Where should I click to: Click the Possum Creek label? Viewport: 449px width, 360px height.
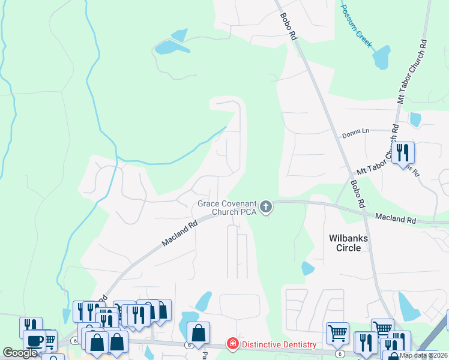357,27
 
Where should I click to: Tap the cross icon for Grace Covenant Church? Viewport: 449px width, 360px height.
266,208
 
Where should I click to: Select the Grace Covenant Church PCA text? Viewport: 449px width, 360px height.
226,208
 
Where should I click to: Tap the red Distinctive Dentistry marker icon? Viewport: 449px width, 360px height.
232,344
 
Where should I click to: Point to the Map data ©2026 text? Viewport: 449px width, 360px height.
423,355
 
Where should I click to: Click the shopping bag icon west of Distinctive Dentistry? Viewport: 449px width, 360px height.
198,332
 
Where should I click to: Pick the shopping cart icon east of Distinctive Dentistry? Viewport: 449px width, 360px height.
337,332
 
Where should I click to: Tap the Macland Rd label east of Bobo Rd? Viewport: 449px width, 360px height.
396,218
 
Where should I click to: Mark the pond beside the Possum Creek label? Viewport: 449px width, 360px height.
381,58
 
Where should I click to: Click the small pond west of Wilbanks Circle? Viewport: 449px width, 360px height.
308,268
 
